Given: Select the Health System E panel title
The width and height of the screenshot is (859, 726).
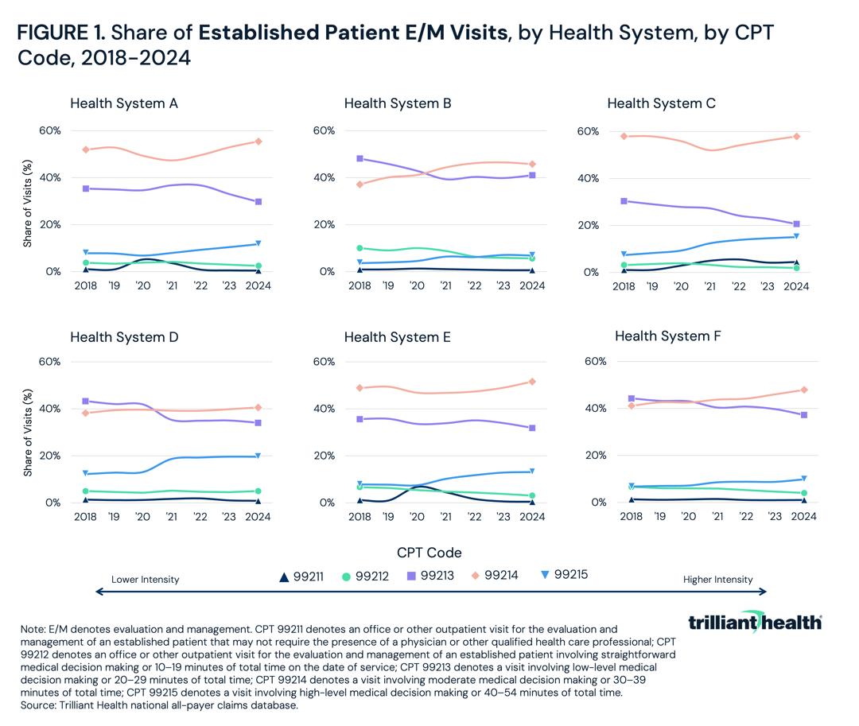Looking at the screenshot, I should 397,337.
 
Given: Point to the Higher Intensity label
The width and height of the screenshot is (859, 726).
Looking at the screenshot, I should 717,580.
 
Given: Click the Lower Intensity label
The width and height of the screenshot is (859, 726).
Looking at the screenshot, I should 145,580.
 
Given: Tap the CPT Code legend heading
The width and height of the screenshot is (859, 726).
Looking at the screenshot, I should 429,552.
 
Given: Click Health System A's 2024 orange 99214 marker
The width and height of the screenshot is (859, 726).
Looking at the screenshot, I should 258,142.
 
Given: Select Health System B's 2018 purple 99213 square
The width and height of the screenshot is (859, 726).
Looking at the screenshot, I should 360,158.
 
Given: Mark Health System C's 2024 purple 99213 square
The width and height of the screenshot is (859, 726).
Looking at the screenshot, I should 796,224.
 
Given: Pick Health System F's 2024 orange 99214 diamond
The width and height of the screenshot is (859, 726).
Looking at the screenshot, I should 804,390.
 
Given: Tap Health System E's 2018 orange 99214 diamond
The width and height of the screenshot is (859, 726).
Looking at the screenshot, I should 360,388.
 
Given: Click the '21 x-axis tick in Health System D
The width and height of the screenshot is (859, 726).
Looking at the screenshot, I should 171,517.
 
